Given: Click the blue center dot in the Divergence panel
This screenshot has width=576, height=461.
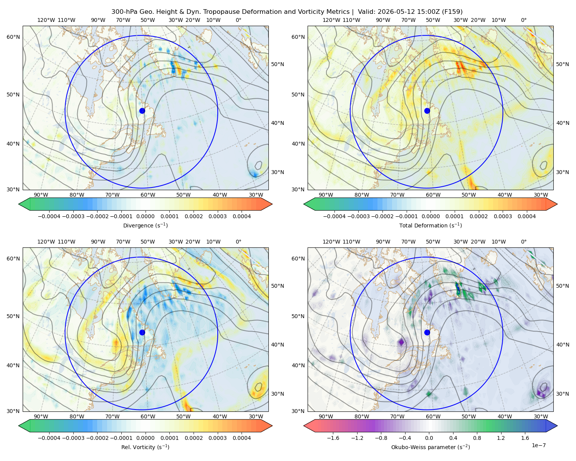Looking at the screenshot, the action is (142, 111).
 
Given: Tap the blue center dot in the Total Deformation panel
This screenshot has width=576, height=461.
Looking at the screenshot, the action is (427, 111).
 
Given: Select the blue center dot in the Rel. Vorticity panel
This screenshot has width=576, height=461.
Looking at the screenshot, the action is (142, 332).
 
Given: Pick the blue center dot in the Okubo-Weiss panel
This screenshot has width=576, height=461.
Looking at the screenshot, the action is (427, 332).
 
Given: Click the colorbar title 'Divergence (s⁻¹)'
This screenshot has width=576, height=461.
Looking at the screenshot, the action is (145, 226).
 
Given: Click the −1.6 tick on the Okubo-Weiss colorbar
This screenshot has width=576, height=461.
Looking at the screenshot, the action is (333, 438).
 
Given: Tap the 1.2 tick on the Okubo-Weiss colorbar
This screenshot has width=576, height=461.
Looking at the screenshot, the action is (501, 438).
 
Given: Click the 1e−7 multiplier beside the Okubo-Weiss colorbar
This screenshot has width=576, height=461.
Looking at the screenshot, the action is (538, 445).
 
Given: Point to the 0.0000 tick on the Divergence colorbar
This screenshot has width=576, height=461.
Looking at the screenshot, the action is (145, 216).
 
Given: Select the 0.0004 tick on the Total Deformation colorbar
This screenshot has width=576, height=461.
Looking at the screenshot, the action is (526, 216).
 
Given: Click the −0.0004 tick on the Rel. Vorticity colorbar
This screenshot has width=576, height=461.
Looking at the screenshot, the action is (49, 438).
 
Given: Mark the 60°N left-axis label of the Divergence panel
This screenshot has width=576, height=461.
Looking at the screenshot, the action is (13, 37).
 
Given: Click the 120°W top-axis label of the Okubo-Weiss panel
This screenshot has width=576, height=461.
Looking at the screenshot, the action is (331, 242).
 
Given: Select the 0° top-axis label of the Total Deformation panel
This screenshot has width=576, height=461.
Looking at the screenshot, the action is (523, 20).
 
